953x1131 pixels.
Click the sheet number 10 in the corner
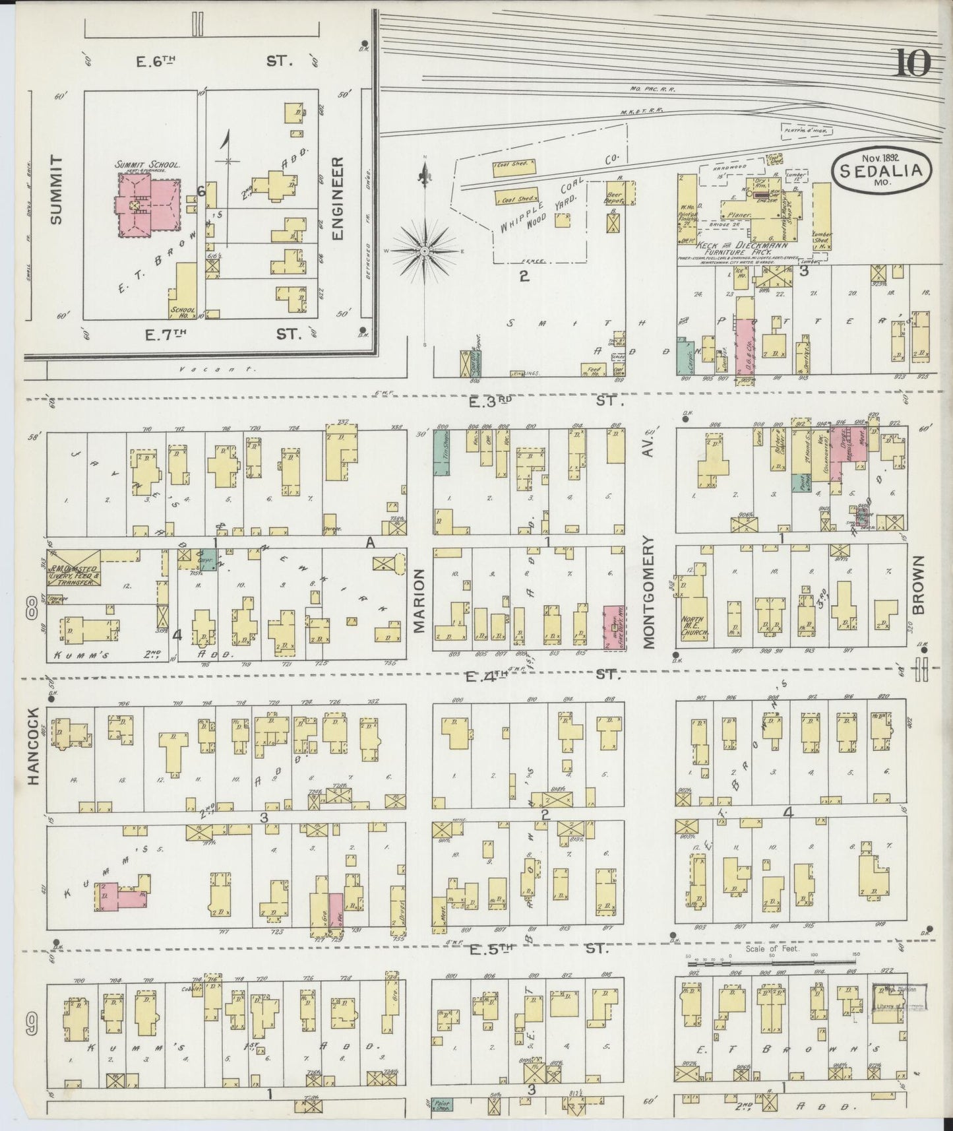click(x=912, y=64)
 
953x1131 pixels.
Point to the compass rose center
click(x=425, y=251)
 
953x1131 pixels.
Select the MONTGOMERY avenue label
click(x=650, y=592)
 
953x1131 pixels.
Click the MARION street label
click(x=419, y=601)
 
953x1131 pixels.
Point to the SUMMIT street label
click(x=55, y=189)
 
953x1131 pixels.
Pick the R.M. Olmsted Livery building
click(x=73, y=573)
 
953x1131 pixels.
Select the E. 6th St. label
click(x=211, y=61)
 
